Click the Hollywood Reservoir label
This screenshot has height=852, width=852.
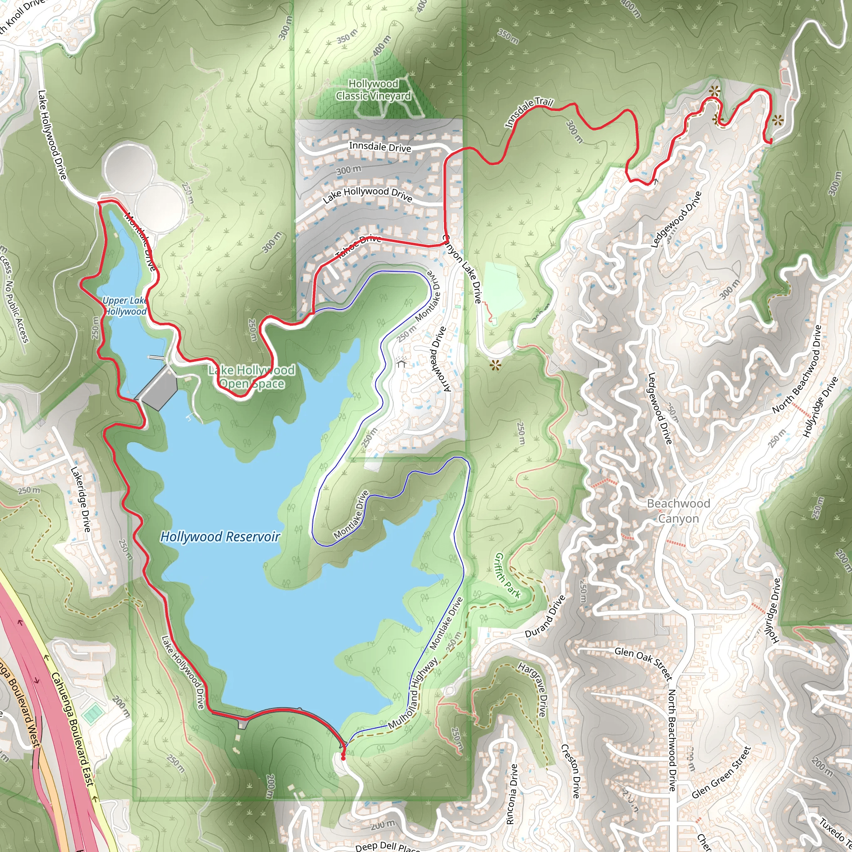coord(220,537)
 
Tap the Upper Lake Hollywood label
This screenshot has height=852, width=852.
coord(125,306)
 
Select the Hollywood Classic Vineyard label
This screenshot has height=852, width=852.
coord(373,90)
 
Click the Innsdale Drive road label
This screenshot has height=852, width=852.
coord(380,147)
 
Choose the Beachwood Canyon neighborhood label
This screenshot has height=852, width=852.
coord(678,511)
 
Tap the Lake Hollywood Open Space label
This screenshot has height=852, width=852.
coord(252,376)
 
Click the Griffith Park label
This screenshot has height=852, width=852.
coord(508,575)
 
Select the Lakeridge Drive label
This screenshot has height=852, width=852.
coord(81,499)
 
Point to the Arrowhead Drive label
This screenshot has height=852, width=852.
coord(439,359)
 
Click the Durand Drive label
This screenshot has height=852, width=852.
coord(545,617)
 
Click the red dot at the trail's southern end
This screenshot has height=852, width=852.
coord(343,758)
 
